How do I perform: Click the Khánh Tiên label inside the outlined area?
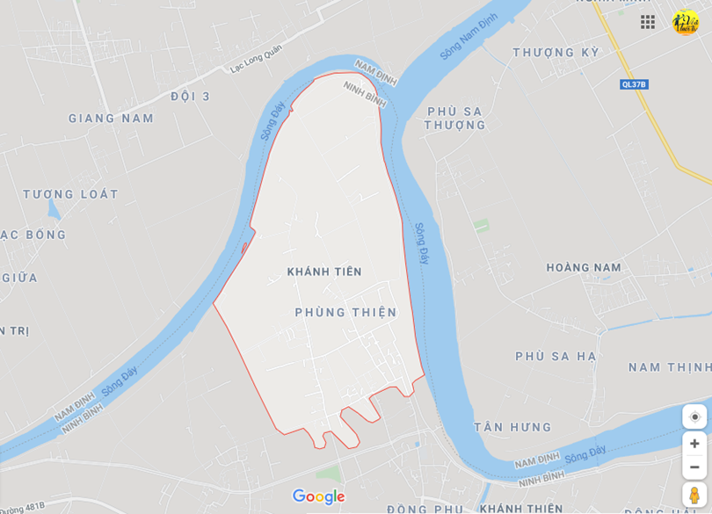pos(324,272)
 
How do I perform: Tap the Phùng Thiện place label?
pos(345,312)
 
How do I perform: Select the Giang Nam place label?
pos(111,119)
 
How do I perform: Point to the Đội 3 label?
pos(191,97)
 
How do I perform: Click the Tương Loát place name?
pos(70,194)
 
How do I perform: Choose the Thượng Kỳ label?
pos(556,53)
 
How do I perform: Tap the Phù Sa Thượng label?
pos(454,118)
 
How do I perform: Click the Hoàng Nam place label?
pos(584,268)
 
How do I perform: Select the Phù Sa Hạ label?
pos(556,356)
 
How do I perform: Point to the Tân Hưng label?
pos(513,428)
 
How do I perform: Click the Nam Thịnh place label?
pos(670,367)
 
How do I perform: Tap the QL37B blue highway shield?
pos(634,84)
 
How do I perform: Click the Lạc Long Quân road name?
pos(256,59)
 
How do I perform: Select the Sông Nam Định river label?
pos(469,36)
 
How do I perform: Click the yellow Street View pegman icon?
pos(694,495)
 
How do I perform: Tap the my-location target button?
pos(694,416)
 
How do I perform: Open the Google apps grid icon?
pos(648,22)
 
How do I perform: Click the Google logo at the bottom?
pos(318,497)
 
